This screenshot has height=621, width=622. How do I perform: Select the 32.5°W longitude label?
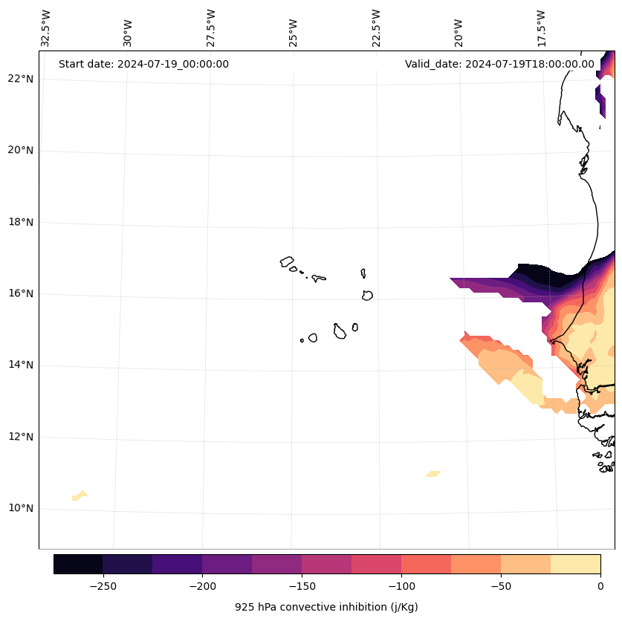[46, 28]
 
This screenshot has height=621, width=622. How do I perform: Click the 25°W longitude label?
[294, 31]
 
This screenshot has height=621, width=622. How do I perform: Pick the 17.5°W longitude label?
[541, 28]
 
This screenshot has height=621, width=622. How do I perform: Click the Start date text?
[143, 64]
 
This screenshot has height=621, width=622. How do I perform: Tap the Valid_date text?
[499, 64]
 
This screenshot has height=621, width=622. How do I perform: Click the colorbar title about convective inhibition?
[326, 607]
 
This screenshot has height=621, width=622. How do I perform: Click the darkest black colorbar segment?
[78, 564]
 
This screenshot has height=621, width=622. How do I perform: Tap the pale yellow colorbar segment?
[575, 564]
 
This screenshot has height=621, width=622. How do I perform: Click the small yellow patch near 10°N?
[80, 495]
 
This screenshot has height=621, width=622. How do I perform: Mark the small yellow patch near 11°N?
[433, 473]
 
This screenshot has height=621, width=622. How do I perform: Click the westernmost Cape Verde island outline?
[287, 261]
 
